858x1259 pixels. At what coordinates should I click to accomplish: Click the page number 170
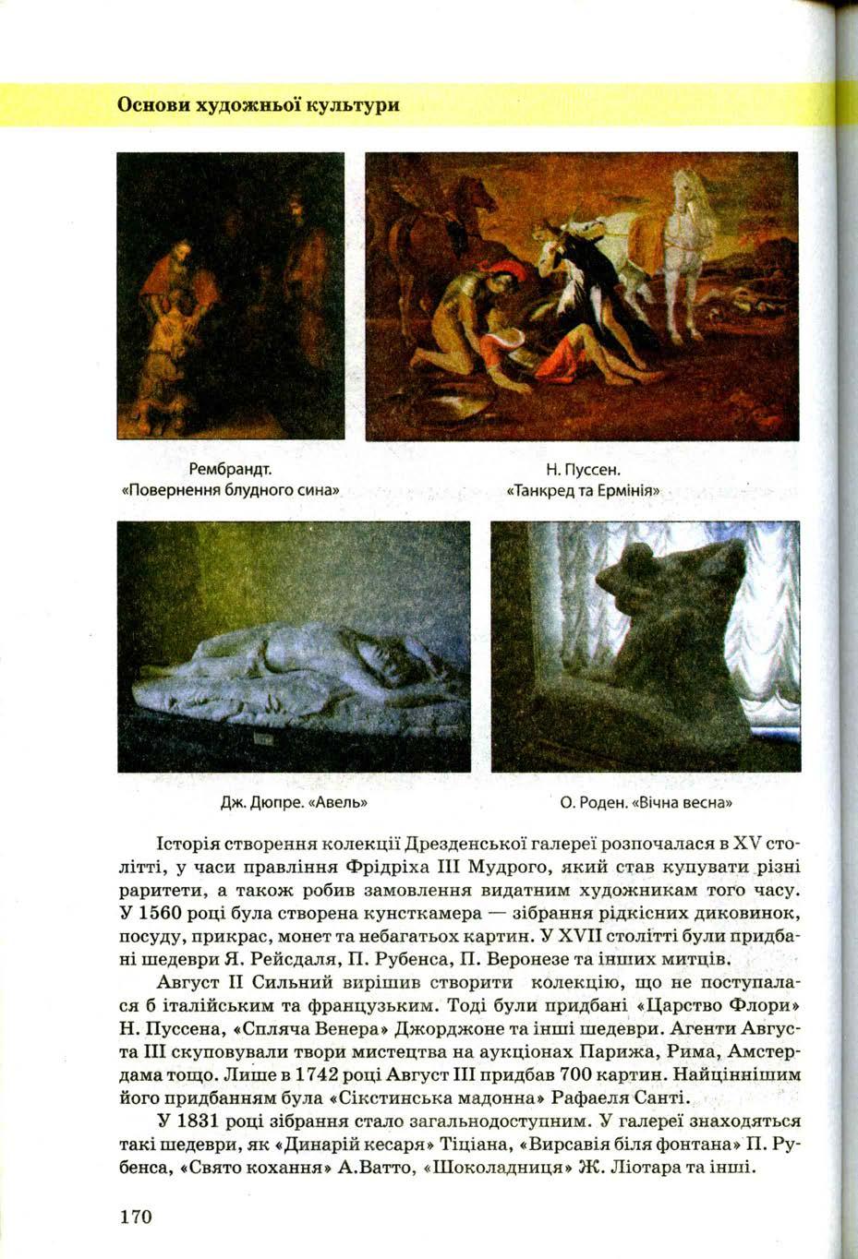[135, 1215]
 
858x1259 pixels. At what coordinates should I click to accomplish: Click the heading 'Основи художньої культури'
[259, 104]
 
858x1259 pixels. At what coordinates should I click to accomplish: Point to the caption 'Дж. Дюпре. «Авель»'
[295, 801]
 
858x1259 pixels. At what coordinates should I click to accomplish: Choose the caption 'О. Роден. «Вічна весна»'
[646, 801]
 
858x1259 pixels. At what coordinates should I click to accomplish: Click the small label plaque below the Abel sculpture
[265, 740]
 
